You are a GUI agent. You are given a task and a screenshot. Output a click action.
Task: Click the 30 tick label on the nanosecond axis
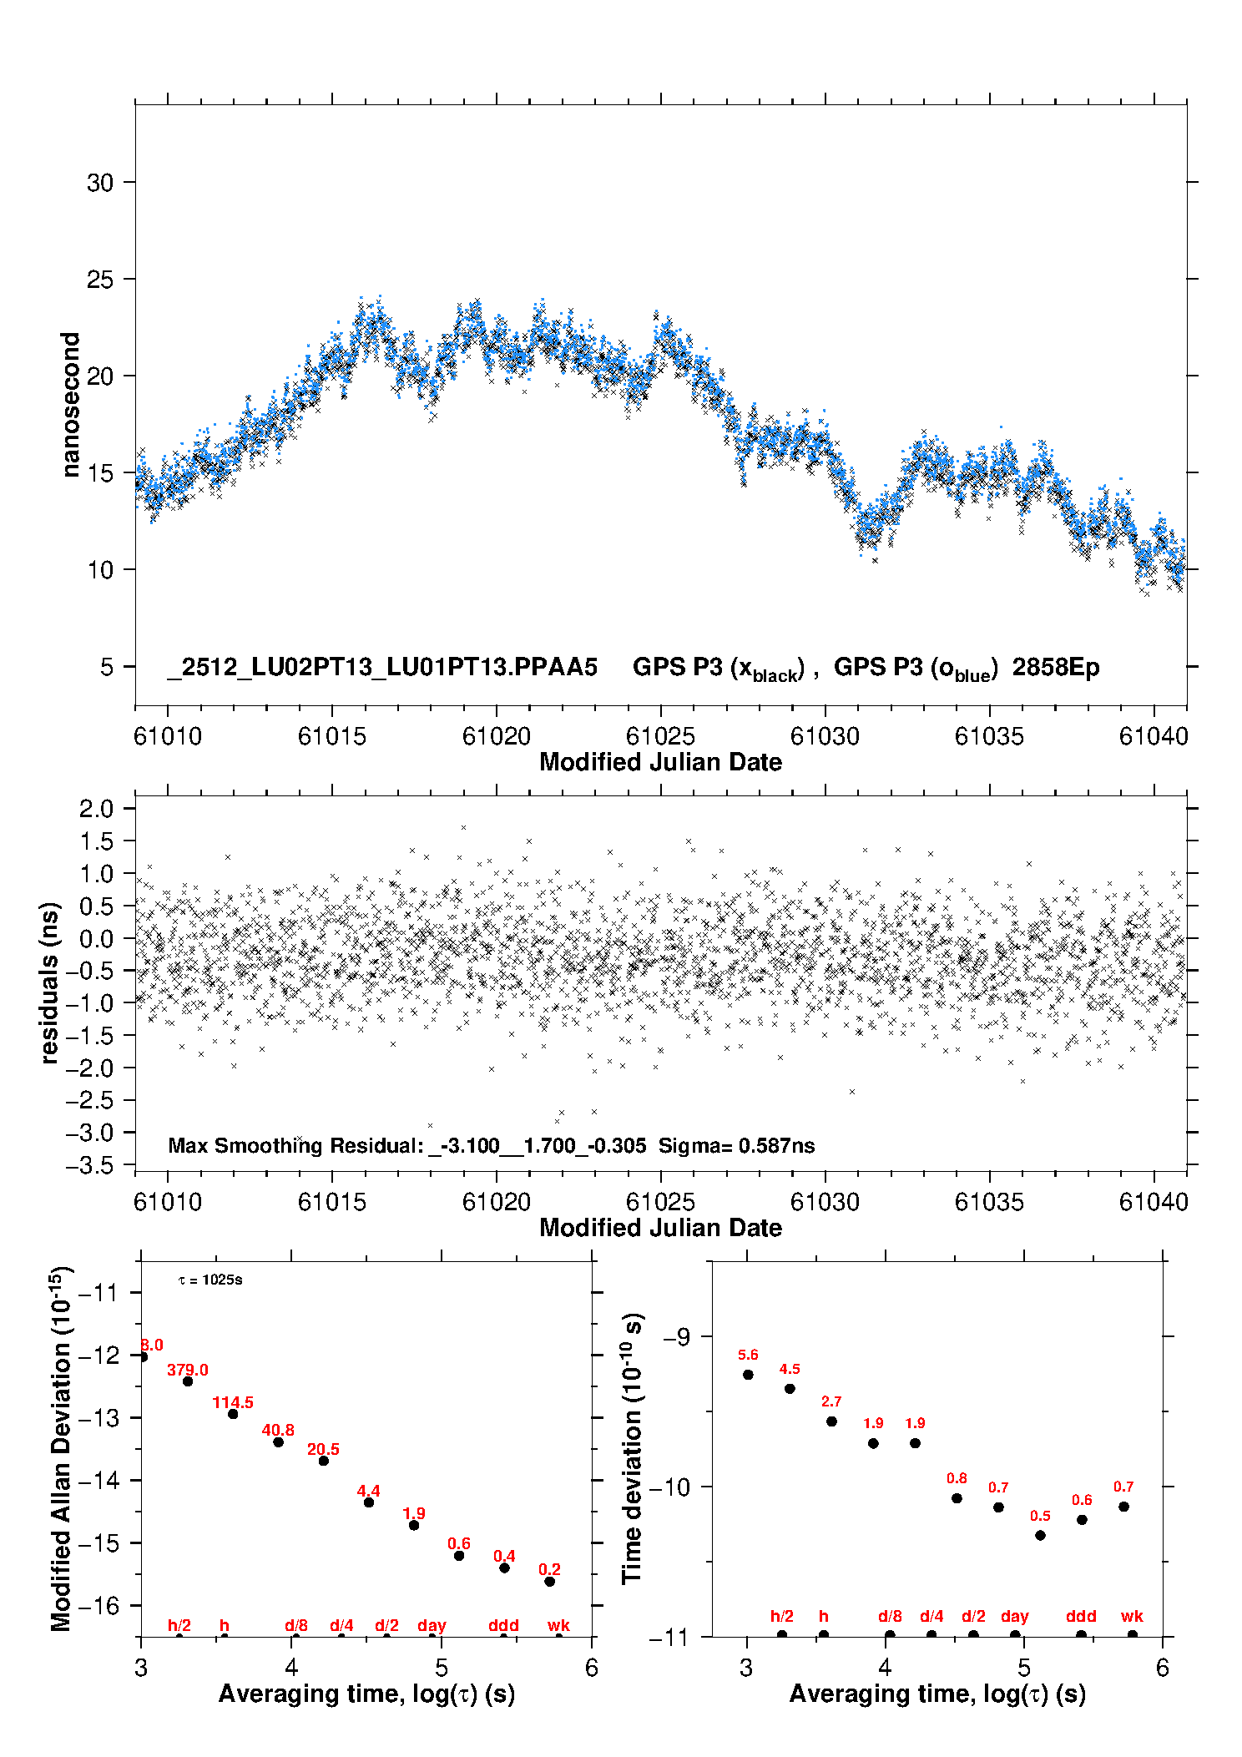point(99,183)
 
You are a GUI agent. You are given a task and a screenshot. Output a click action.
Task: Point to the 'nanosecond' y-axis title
point(70,405)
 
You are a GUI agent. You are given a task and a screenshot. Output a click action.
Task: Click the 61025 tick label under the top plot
point(660,736)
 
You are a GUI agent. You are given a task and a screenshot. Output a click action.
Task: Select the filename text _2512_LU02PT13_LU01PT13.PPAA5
point(382,668)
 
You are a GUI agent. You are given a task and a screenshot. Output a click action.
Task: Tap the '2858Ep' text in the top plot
point(1056,668)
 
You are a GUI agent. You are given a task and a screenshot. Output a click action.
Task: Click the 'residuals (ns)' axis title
point(49,982)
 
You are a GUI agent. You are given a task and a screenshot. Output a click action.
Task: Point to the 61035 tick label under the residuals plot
point(988,1202)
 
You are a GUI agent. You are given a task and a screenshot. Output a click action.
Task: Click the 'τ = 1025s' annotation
point(210,1280)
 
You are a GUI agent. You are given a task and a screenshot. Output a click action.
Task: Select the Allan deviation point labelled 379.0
point(188,1381)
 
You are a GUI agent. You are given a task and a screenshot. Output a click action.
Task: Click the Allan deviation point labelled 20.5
point(324,1461)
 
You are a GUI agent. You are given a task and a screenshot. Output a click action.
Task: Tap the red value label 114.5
point(233,1402)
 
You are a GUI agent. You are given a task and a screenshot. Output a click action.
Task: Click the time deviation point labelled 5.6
point(748,1375)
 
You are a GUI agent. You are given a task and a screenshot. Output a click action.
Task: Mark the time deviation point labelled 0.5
point(1040,1535)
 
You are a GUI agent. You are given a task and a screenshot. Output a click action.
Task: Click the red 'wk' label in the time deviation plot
point(1132,1617)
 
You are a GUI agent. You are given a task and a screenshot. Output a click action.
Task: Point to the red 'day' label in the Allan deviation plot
point(432,1625)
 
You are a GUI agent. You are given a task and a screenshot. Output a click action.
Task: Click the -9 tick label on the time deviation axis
point(676,1337)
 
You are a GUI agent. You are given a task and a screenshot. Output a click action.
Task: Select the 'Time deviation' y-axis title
point(632,1448)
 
